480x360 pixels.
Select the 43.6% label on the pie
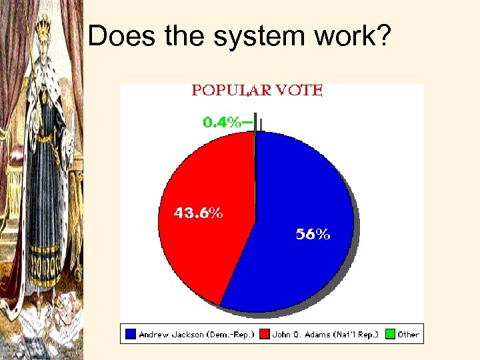(x=199, y=214)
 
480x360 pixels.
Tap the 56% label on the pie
(x=313, y=234)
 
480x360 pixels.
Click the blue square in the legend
(x=131, y=334)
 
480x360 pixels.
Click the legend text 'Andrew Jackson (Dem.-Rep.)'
(x=193, y=334)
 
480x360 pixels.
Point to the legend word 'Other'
(x=408, y=334)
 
